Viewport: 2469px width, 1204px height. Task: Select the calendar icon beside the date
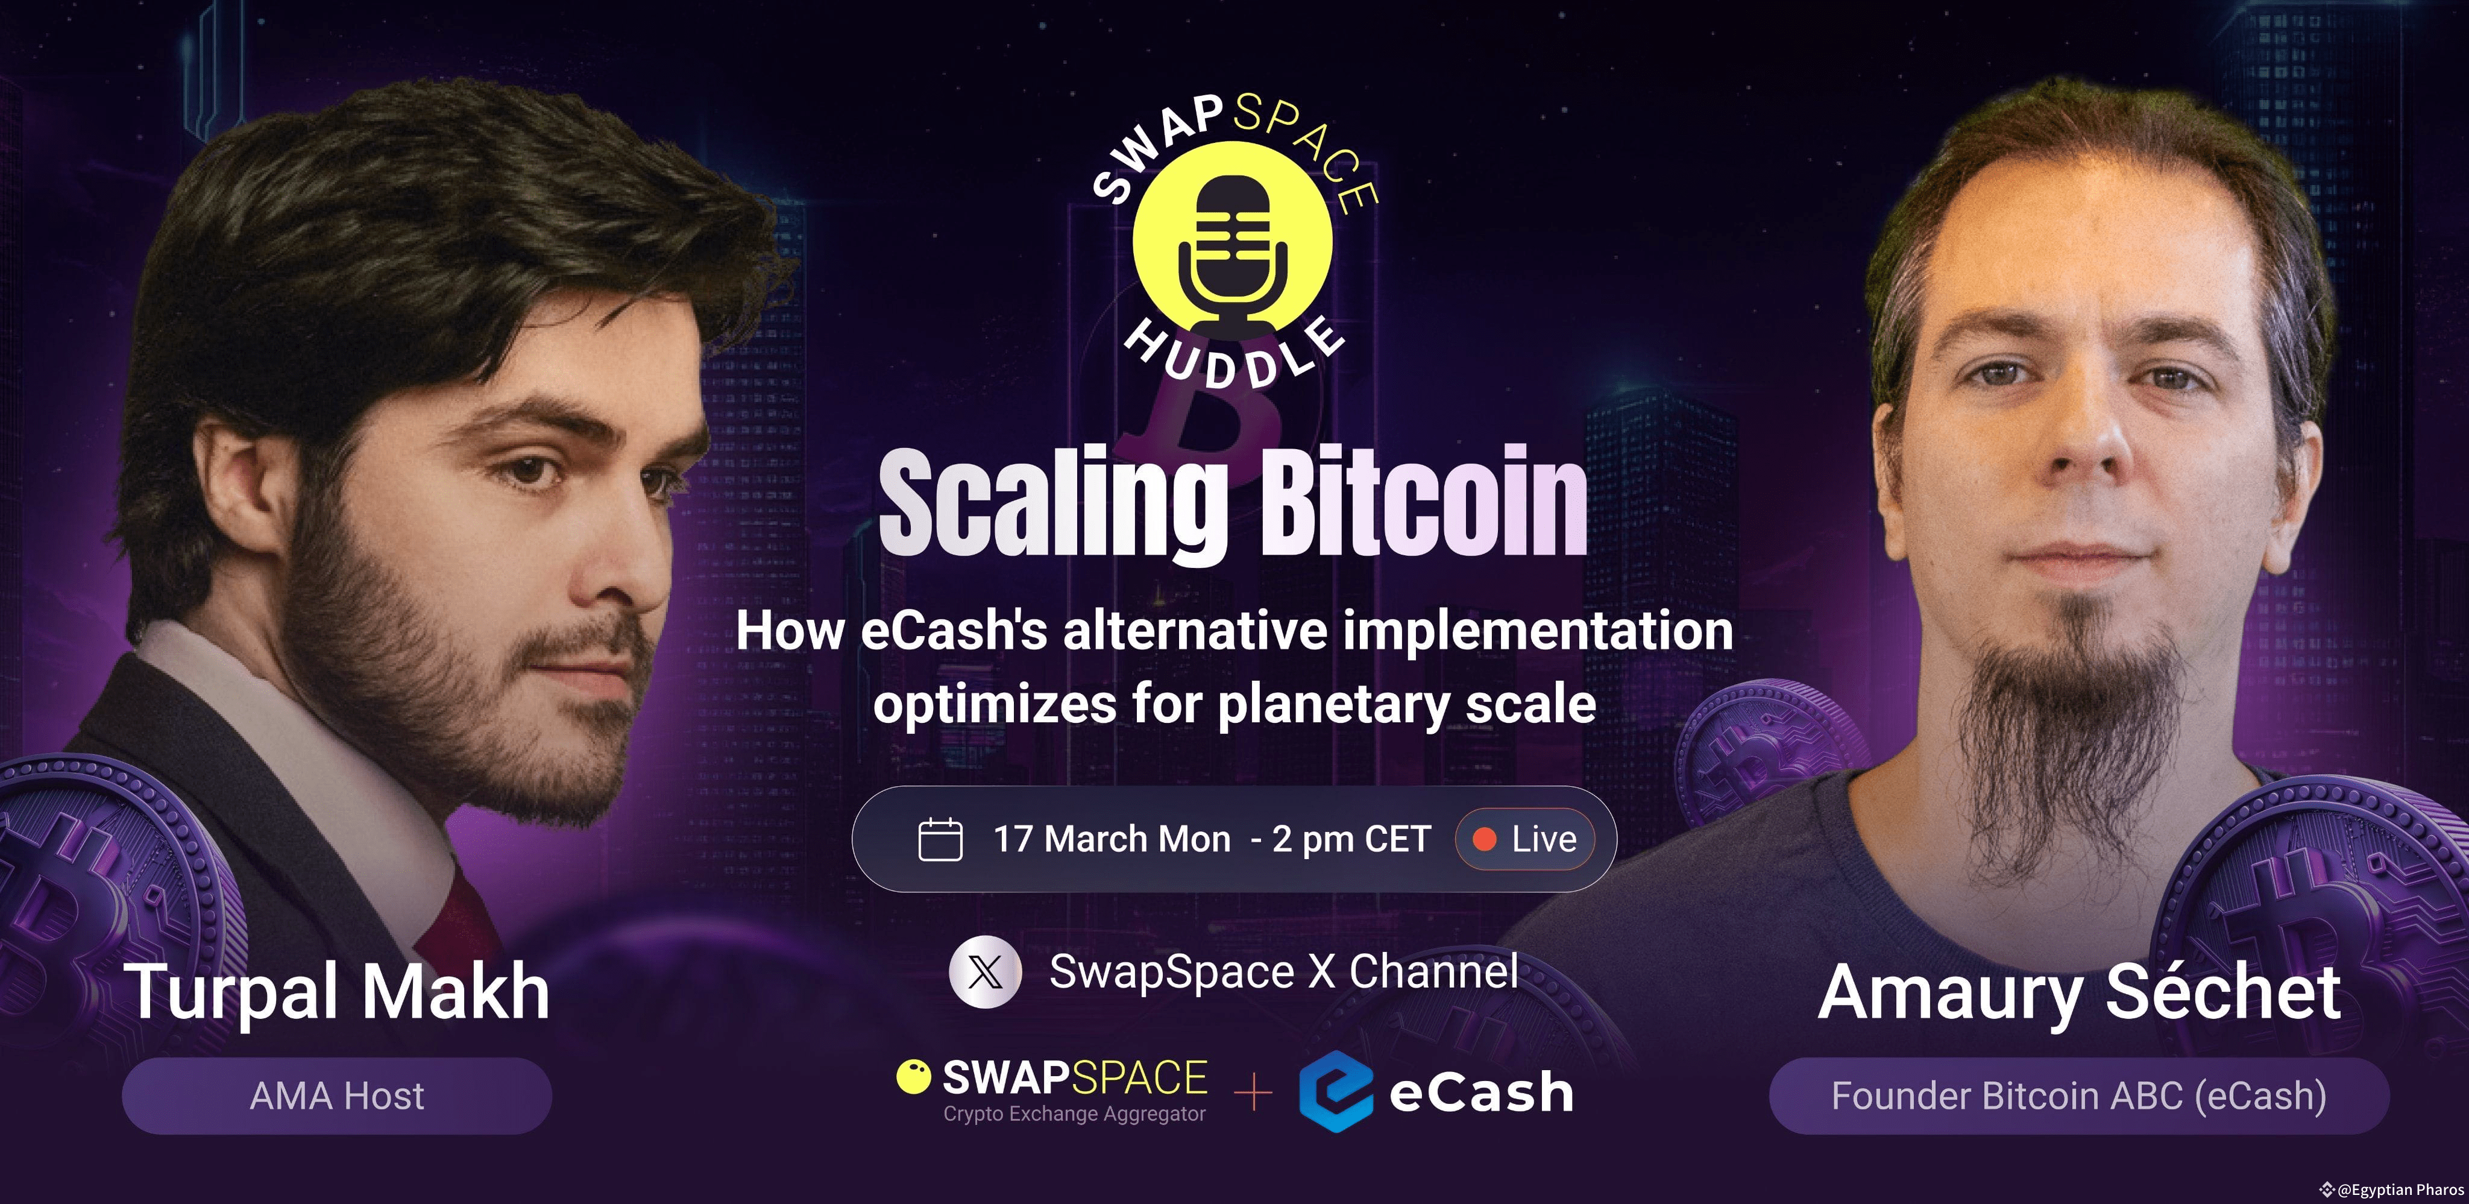point(939,840)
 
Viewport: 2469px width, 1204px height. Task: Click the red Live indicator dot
point(1483,840)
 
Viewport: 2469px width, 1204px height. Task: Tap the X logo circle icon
point(986,972)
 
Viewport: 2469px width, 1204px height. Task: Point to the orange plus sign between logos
point(1253,1093)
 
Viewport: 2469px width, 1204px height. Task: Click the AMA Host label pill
point(336,1095)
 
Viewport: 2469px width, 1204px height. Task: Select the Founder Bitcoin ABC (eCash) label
point(2078,1095)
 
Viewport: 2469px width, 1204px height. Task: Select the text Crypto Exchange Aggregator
point(1074,1114)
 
